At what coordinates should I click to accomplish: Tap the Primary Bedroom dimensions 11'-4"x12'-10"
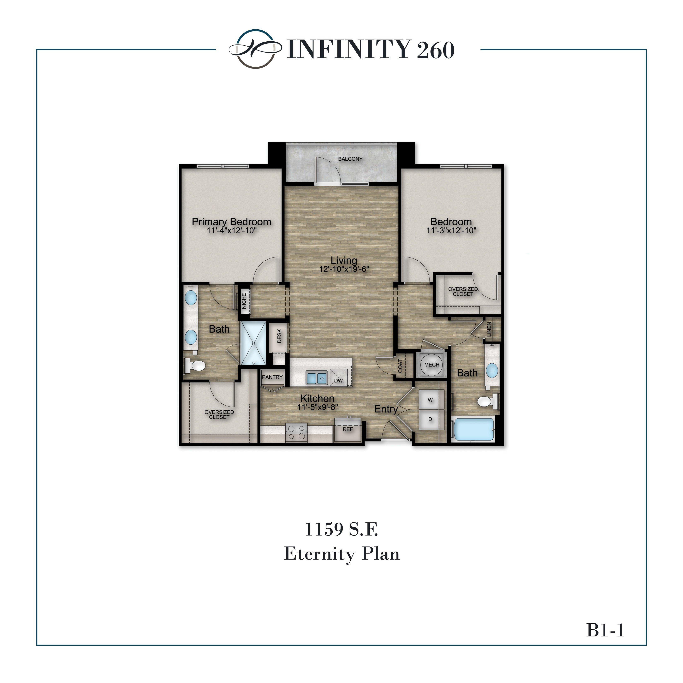tap(232, 231)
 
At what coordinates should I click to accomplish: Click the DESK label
tap(279, 336)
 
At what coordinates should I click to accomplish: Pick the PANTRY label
tap(272, 377)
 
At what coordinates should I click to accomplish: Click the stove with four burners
tap(296, 433)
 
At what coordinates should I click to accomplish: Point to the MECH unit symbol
tap(432, 364)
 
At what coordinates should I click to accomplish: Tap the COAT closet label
tap(400, 366)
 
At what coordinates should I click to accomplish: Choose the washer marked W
tap(430, 400)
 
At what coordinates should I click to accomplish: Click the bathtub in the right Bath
tap(474, 429)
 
